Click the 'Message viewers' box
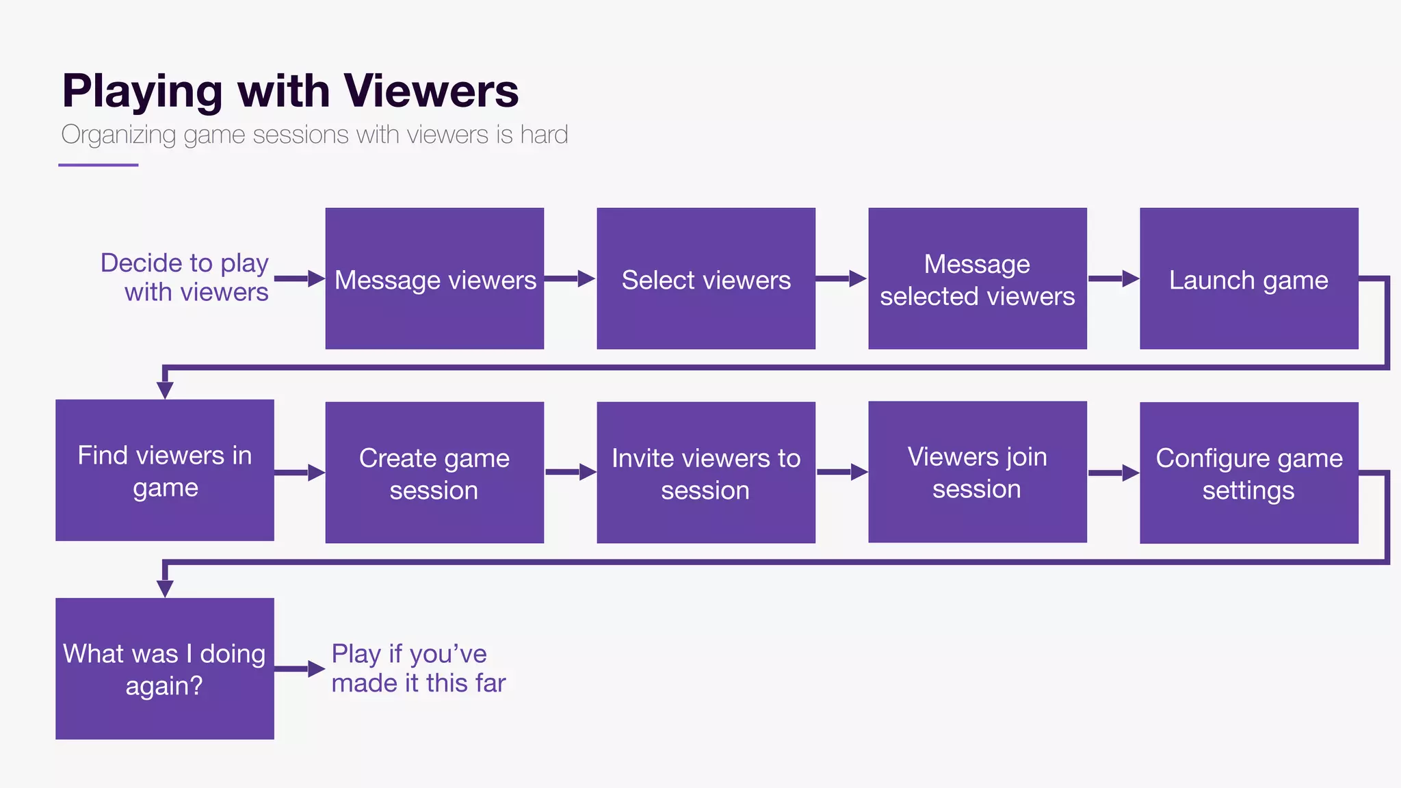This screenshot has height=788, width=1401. (x=434, y=278)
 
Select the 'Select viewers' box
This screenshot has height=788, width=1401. (x=706, y=278)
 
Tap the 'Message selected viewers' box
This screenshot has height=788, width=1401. (x=977, y=278)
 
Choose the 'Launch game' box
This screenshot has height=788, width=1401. (x=1248, y=278)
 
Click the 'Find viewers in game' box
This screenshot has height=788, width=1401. (x=164, y=471)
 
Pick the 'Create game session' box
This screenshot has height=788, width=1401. (x=434, y=473)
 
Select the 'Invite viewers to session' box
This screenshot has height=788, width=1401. (x=706, y=473)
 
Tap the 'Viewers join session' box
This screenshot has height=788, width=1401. (x=977, y=472)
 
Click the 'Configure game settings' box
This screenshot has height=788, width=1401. (x=1248, y=473)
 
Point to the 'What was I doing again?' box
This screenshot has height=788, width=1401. (x=164, y=668)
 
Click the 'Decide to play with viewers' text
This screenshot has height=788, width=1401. (x=185, y=277)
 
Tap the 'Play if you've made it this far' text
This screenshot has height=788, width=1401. (x=418, y=668)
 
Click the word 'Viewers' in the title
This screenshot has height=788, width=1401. (x=431, y=90)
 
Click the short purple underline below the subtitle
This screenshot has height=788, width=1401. (x=99, y=165)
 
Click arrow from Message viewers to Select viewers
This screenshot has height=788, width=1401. (x=570, y=278)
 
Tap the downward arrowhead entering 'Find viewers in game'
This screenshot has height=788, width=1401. (x=165, y=389)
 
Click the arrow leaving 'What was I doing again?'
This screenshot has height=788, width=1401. (x=300, y=669)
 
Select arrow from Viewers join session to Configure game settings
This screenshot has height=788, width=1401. (x=1113, y=473)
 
